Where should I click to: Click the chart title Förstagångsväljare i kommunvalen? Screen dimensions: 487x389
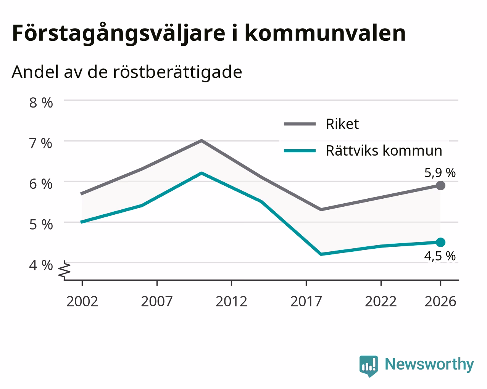[x=209, y=34]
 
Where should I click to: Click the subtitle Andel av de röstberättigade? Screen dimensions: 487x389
[x=127, y=72]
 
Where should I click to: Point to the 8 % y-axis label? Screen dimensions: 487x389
[x=41, y=103]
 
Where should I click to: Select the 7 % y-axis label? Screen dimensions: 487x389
[x=41, y=144]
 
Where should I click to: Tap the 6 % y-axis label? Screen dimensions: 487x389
[x=41, y=184]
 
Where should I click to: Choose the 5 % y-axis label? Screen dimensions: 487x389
[x=41, y=225]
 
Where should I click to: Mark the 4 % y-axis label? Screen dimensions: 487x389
[x=41, y=265]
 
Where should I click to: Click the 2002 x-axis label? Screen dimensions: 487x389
[x=82, y=301]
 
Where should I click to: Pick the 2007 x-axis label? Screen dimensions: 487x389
[x=157, y=301]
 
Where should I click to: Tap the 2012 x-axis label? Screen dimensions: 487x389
[x=232, y=301]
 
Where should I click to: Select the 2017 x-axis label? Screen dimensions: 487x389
[x=306, y=301]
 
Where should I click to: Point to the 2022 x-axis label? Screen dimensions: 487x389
[x=381, y=301]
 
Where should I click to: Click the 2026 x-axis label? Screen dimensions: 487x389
[x=440, y=301]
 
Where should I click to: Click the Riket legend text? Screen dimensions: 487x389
[x=342, y=124]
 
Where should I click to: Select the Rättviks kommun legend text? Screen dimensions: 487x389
[x=384, y=151]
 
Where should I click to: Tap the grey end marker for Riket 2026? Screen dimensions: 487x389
[x=440, y=186]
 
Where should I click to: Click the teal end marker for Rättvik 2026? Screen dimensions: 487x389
[x=440, y=243]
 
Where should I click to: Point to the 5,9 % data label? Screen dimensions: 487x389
[x=440, y=173]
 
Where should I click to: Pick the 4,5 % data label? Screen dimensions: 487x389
[x=440, y=256]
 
